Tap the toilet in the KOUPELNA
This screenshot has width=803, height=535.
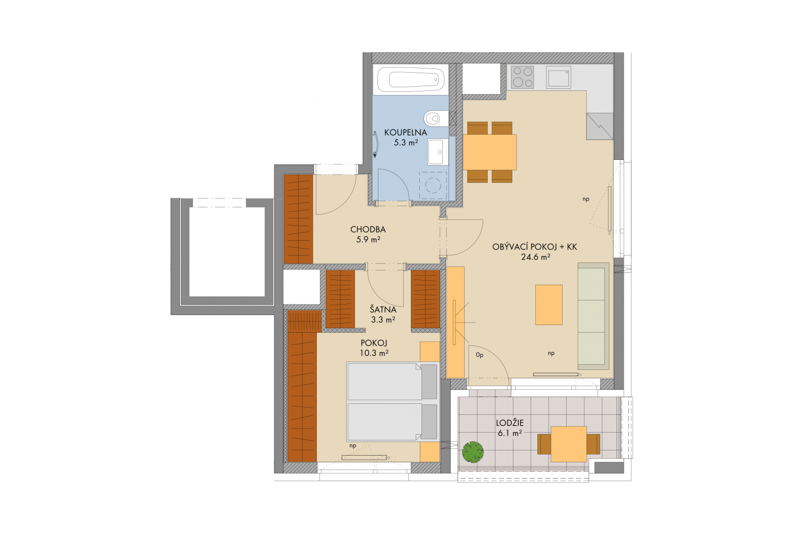[x=436, y=118]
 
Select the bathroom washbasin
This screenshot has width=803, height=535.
[x=438, y=152]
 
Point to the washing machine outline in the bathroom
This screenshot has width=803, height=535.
[x=433, y=185]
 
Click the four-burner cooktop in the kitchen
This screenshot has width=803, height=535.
[x=522, y=77]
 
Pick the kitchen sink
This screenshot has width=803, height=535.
[x=558, y=77]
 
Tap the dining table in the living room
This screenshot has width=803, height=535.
[x=490, y=152]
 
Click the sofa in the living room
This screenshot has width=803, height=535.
[x=593, y=316]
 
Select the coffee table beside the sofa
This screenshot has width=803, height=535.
[x=548, y=305]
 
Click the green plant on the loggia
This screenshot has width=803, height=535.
[x=473, y=452]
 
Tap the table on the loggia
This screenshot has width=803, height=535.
[x=569, y=444]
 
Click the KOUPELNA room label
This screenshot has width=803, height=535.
[x=406, y=133]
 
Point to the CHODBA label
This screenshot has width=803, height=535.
[x=368, y=229]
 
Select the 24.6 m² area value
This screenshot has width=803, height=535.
[x=535, y=257]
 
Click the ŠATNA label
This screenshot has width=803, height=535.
[x=383, y=309]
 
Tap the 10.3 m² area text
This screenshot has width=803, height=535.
[x=374, y=353]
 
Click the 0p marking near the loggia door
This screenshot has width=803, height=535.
[x=479, y=355]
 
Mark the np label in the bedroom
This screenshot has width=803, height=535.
[x=353, y=446]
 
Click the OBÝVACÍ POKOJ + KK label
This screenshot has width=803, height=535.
[x=534, y=247]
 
